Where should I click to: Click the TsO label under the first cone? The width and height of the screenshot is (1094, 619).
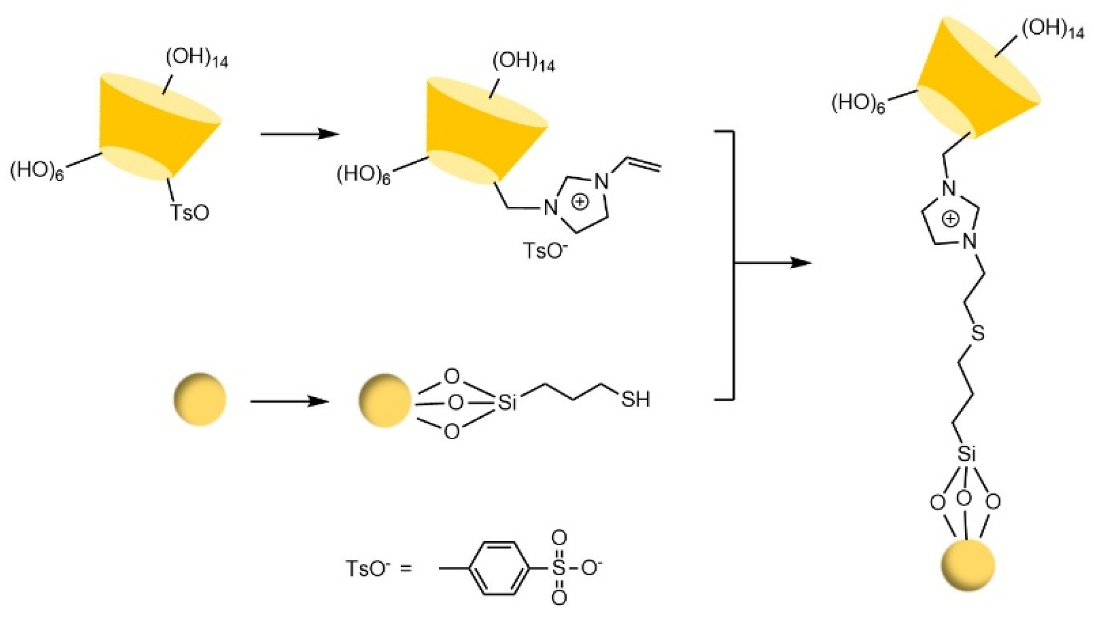point(189,212)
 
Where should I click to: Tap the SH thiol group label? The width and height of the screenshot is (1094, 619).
point(635,400)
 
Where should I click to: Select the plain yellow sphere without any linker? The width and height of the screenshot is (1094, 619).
point(199,399)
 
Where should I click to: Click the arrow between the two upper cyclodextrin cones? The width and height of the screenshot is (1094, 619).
point(300,134)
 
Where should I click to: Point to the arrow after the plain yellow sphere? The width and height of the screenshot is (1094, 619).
point(289,402)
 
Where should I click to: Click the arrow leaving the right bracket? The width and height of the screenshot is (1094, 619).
point(773,263)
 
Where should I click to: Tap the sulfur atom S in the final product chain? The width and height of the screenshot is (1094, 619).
point(977,333)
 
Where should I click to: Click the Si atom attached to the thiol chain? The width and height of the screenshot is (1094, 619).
point(507,403)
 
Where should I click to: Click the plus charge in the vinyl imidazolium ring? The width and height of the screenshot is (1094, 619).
point(580,202)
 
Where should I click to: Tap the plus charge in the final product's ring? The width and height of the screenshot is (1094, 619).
point(950,218)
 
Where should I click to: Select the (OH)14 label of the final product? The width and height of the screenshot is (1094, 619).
point(1052,29)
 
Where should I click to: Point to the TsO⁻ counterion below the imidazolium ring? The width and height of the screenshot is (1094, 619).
point(545,250)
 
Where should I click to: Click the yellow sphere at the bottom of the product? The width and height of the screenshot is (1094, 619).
point(967,565)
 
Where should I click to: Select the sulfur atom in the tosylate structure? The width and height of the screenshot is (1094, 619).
point(558,568)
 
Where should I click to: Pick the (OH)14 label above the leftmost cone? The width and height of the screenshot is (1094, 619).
point(196,59)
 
